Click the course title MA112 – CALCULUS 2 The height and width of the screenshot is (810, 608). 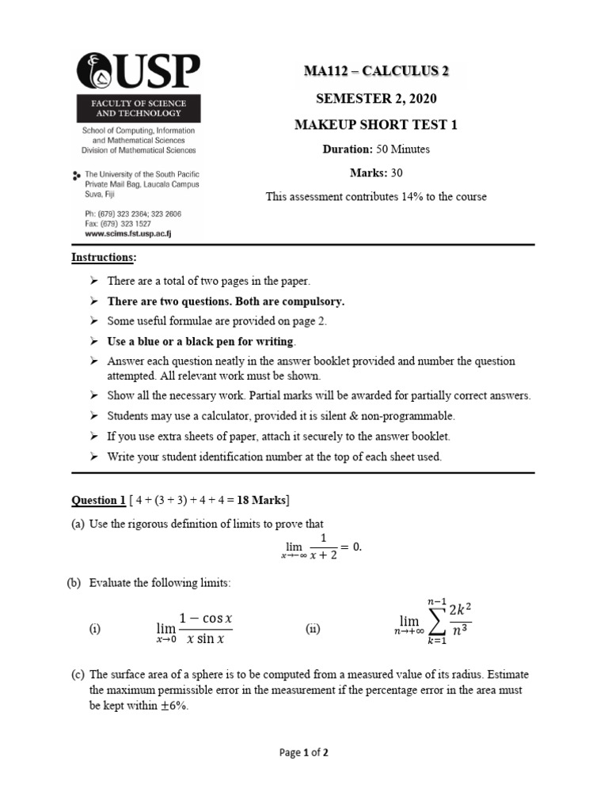point(376,72)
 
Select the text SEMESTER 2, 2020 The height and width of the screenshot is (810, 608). point(376,99)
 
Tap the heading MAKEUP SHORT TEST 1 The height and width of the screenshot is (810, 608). point(376,125)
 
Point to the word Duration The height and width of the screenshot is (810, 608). point(347,150)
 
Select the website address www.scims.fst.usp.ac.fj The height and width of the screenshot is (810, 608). point(127,234)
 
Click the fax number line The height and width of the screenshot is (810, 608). point(117,224)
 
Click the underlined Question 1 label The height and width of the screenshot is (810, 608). point(99,500)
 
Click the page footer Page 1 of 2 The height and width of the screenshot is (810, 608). point(304,753)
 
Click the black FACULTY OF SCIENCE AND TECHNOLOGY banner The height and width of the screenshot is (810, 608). point(139,108)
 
